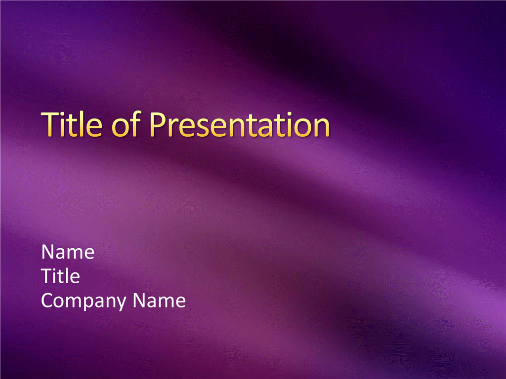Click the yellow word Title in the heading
coord(72,124)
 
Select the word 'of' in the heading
coord(126,124)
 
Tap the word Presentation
coord(240,124)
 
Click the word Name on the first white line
coord(68,252)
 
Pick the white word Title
coord(60,276)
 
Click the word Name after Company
coord(159,301)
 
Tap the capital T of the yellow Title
coord(50,124)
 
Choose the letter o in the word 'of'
coord(121,128)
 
